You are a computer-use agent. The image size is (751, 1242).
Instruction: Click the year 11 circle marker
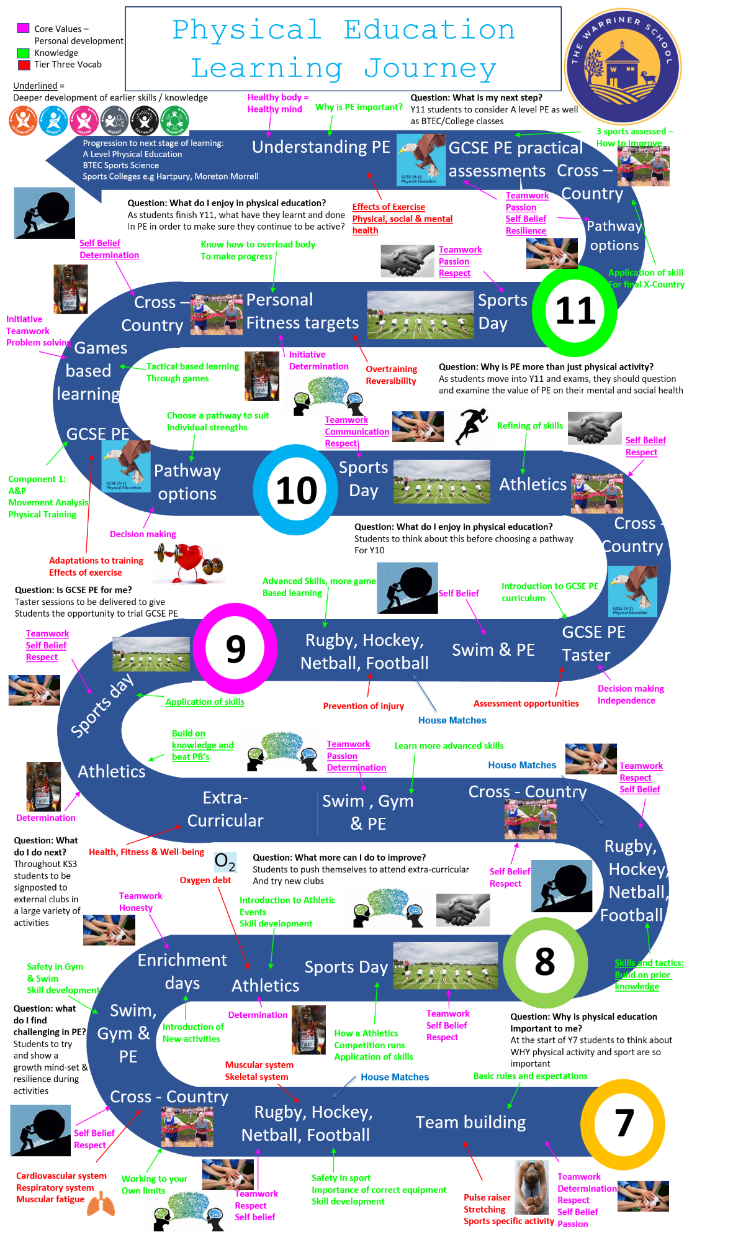(x=575, y=311)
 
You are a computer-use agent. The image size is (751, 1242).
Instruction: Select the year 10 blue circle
(x=296, y=491)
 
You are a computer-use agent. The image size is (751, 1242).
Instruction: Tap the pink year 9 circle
(x=235, y=648)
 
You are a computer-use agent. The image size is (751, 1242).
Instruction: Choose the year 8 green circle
(x=544, y=962)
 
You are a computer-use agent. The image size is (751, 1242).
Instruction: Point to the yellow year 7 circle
(x=623, y=1123)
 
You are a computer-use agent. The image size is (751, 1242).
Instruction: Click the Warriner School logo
(x=623, y=65)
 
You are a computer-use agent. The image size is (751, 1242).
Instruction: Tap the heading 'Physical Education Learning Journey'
(x=343, y=49)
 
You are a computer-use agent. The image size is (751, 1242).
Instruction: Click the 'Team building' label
(x=470, y=1122)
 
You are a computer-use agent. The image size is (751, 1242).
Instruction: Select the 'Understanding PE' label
(x=321, y=147)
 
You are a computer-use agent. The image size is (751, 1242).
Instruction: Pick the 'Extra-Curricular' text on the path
(x=225, y=809)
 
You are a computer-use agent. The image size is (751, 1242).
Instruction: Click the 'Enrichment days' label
(x=182, y=972)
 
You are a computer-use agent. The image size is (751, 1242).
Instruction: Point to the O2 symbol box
(x=225, y=862)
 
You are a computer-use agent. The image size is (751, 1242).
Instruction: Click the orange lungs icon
(x=101, y=1205)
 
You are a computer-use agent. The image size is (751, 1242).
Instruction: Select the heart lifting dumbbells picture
(x=189, y=563)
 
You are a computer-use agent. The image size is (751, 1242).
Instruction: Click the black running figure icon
(x=472, y=426)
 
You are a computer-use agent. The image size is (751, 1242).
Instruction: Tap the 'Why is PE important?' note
(x=359, y=107)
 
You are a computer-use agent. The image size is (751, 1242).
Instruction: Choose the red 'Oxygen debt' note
(x=205, y=880)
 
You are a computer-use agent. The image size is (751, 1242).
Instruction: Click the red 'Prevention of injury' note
(x=363, y=706)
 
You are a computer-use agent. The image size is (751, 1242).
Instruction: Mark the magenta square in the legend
(x=24, y=28)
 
